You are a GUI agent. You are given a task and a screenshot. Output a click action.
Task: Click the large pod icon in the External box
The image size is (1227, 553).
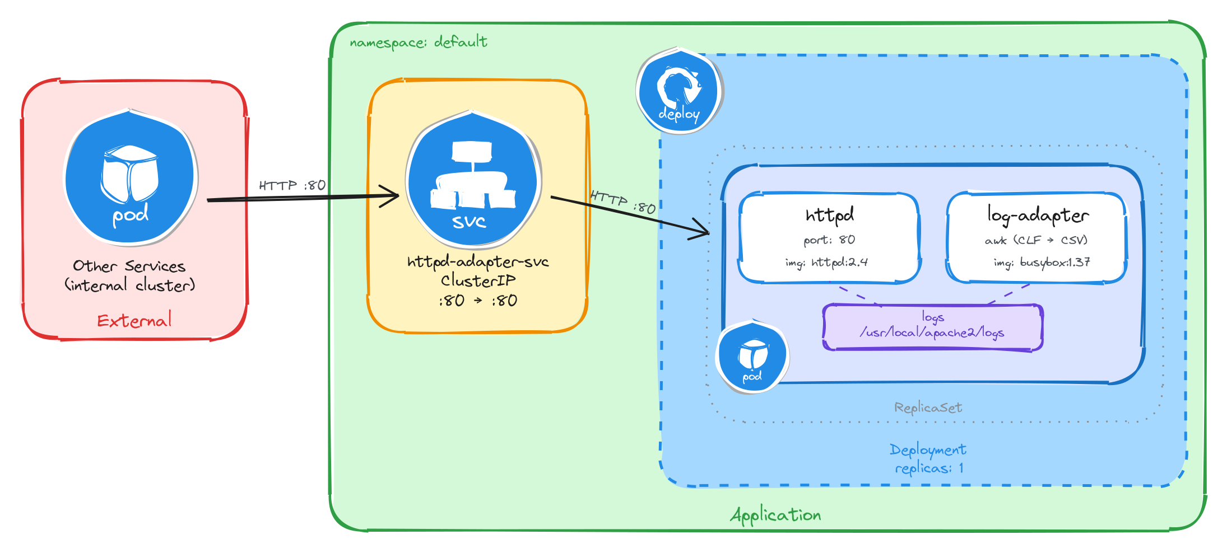point(130,178)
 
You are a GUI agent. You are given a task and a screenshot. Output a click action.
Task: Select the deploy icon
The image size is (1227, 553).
point(679,92)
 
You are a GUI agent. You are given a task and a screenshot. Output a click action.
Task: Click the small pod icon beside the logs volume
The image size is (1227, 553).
point(752,357)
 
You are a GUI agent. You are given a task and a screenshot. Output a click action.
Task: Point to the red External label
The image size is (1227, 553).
point(134,320)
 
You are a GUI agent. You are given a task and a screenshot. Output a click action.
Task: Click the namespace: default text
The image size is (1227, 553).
point(419,42)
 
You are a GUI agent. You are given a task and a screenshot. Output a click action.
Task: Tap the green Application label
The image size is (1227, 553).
point(775,515)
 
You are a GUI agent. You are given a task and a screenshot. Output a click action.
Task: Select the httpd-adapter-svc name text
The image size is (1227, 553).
point(478,262)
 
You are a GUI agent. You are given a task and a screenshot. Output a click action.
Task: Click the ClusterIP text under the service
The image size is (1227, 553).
point(478,280)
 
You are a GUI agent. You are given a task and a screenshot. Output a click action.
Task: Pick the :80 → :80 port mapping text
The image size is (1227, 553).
point(478,301)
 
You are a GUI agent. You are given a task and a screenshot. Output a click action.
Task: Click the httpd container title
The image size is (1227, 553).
point(829,215)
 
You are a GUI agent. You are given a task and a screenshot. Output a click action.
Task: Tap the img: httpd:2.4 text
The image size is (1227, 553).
point(826,262)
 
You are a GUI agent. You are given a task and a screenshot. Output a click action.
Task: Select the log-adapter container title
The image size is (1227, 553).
point(1038,215)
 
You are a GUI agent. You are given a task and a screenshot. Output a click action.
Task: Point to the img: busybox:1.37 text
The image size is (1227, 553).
point(1042,262)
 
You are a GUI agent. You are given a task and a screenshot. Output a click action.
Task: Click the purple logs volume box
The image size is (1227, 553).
point(932,327)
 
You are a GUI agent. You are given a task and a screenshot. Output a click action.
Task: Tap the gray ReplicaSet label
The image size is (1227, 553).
point(928,407)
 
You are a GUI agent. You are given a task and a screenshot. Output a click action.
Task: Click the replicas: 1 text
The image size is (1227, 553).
point(929,468)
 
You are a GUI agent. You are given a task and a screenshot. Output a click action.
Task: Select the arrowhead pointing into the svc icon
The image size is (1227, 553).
point(392,196)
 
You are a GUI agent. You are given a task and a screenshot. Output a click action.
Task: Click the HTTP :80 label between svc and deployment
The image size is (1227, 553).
point(622,202)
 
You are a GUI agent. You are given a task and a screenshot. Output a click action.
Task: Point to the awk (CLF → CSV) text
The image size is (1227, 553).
point(1036,240)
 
